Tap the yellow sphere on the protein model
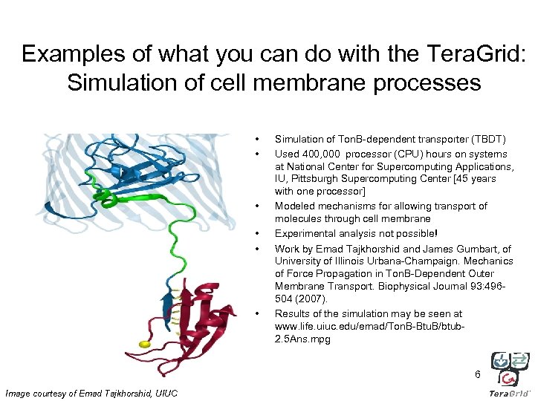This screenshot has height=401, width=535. (x=145, y=344)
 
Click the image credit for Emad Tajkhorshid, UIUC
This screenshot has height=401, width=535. (x=91, y=393)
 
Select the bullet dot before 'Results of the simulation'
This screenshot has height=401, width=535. (x=257, y=313)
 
